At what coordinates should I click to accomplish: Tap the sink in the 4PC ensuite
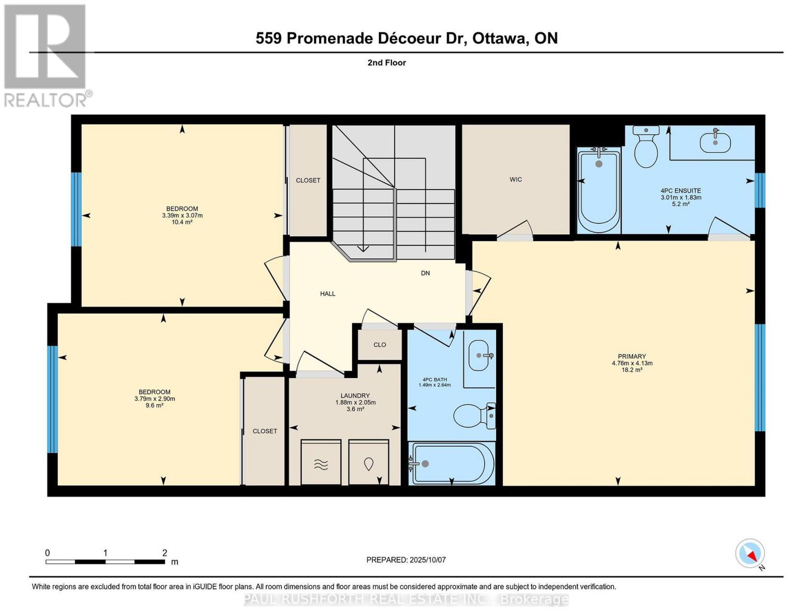point(715,142)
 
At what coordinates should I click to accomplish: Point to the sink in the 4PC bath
point(481,355)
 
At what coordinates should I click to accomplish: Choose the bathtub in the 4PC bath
point(451,464)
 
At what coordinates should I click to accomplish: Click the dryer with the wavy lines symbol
point(321,462)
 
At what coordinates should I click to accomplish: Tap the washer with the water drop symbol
point(369,462)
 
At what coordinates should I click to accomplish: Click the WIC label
point(515,179)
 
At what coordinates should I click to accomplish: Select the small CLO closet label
point(380,345)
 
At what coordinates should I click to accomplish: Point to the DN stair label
point(425,273)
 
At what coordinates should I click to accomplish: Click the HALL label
point(328,294)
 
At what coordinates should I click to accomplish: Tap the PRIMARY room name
point(632,356)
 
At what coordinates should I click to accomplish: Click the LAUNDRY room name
point(355,396)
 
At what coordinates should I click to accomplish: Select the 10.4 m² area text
point(182,222)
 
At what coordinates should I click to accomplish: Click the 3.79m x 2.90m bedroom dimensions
point(154,399)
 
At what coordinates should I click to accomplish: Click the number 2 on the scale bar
point(165,553)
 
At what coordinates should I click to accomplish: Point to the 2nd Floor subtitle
point(387,62)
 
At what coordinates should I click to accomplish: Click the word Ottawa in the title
point(499,38)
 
